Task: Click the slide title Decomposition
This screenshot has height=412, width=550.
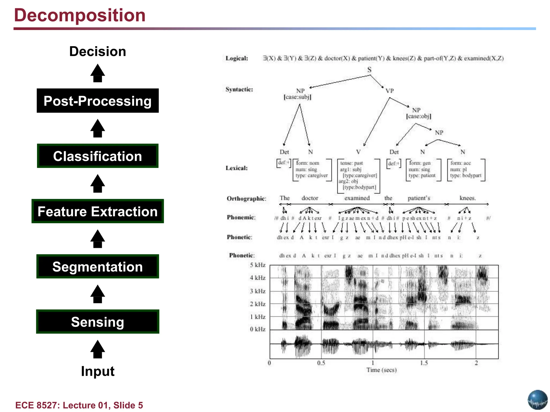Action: (80, 15)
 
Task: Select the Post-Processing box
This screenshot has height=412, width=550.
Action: (97, 101)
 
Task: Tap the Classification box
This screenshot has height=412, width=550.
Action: (97, 156)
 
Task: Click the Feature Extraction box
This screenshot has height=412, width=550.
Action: (97, 211)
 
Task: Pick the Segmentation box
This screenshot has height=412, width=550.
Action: (97, 267)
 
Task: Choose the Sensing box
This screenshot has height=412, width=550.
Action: (97, 322)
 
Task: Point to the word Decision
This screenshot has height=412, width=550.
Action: (97, 51)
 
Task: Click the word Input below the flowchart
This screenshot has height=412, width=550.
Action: (97, 371)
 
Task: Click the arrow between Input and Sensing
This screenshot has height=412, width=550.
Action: (97, 349)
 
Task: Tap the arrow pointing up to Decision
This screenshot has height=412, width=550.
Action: (97, 73)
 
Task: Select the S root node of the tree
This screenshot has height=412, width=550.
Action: (369, 70)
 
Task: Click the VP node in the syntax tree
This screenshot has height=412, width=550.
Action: (389, 91)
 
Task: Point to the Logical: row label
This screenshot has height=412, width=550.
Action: (237, 58)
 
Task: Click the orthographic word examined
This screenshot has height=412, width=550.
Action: (357, 198)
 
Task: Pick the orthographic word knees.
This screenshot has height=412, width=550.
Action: (468, 198)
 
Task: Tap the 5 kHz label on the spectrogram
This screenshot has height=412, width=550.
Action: (257, 265)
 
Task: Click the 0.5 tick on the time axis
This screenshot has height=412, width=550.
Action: (321, 363)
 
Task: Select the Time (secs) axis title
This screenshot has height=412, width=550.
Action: (381, 370)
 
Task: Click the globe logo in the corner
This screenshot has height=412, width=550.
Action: (537, 400)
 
